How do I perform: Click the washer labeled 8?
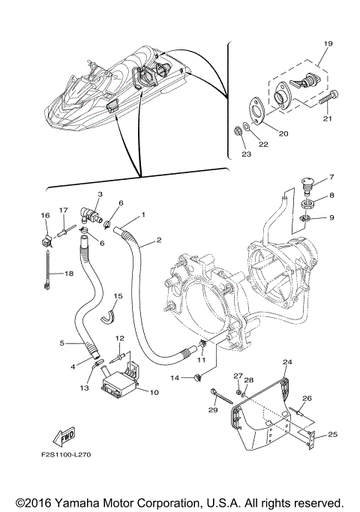coord(307,203)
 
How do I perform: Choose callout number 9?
coord(331,218)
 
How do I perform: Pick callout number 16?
coord(45,215)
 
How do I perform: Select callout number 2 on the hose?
coord(159,241)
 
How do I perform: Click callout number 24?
coord(286,361)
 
